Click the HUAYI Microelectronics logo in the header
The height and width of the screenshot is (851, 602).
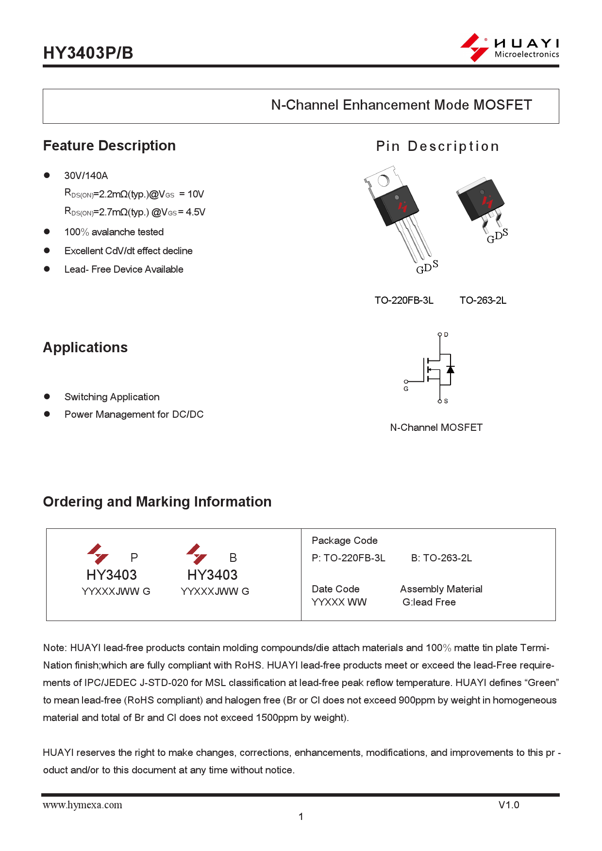pyautogui.click(x=509, y=48)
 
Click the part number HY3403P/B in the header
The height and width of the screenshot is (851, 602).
pyautogui.click(x=88, y=53)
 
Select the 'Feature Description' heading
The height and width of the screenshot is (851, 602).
pyautogui.click(x=109, y=146)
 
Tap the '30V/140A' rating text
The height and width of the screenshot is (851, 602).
pyautogui.click(x=86, y=176)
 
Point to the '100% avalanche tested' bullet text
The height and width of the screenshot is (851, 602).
pyautogui.click(x=114, y=232)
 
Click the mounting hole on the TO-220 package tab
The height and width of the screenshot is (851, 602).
pyautogui.click(x=383, y=181)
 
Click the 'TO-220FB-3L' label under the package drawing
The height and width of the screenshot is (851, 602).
pyautogui.click(x=403, y=300)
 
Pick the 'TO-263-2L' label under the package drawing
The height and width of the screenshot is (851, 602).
pyautogui.click(x=483, y=300)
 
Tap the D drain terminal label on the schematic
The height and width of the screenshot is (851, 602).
pyautogui.click(x=446, y=335)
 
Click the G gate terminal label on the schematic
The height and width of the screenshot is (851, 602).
pyautogui.click(x=406, y=389)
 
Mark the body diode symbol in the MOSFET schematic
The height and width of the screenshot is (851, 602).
pyautogui.click(x=450, y=370)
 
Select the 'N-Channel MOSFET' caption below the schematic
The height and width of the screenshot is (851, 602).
pyautogui.click(x=436, y=427)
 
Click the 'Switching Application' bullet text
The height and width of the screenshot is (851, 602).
pyautogui.click(x=112, y=397)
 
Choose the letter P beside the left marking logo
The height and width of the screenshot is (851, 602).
pyautogui.click(x=134, y=557)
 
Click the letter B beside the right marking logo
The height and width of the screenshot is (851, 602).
pyautogui.click(x=233, y=557)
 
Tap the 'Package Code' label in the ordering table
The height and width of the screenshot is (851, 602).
pyautogui.click(x=344, y=540)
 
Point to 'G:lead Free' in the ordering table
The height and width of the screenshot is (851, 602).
pyautogui.click(x=429, y=602)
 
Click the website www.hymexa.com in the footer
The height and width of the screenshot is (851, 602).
pyautogui.click(x=83, y=805)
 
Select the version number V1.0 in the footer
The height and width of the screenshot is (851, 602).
pyautogui.click(x=508, y=805)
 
